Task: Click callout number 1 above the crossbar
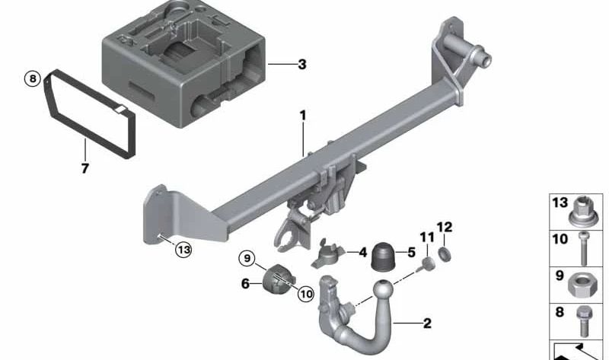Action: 302,115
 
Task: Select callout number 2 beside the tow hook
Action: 427,323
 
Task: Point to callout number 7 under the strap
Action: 84,167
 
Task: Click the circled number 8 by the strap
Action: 31,78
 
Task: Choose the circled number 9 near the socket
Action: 245,259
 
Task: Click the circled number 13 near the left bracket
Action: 183,249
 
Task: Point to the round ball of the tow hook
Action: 384,292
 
